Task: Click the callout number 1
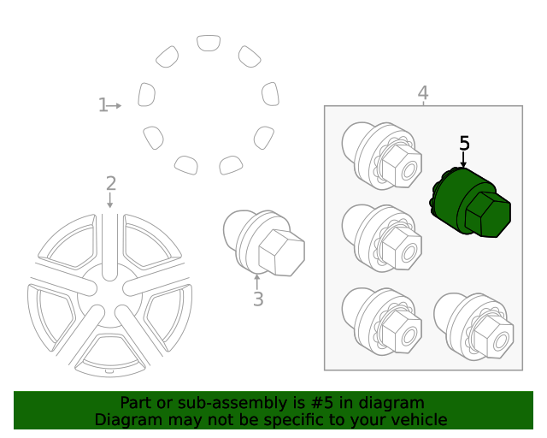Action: click(x=103, y=105)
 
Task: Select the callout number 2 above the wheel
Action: click(x=110, y=182)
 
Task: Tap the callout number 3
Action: click(x=257, y=299)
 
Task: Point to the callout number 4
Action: click(x=423, y=92)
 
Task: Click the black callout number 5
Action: click(x=464, y=143)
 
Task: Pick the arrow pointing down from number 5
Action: click(x=464, y=160)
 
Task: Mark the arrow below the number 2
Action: click(x=110, y=201)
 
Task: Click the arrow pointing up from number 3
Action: click(x=257, y=281)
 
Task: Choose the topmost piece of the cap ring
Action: click(x=208, y=43)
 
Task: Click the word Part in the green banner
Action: click(x=137, y=403)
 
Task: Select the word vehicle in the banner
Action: click(x=418, y=420)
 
